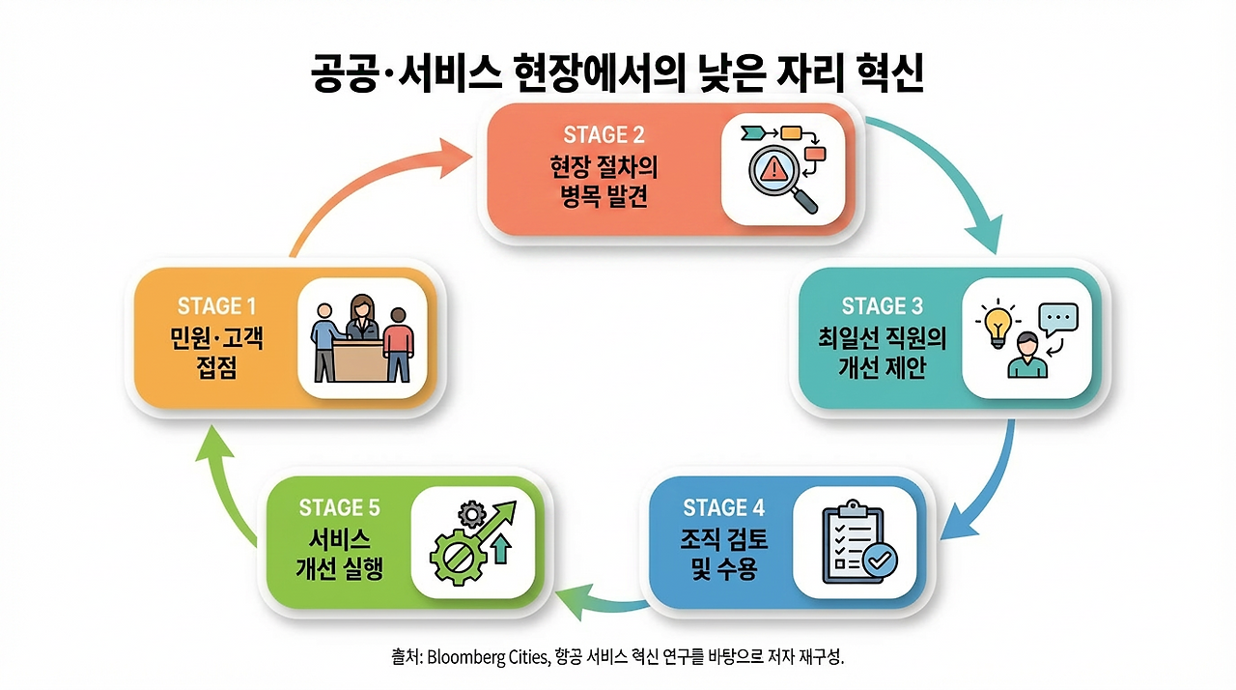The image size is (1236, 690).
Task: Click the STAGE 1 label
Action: tap(216, 306)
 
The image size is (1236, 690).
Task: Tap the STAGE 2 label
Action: tap(604, 134)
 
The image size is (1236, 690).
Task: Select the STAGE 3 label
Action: tap(882, 306)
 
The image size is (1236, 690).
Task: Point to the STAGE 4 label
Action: tap(723, 507)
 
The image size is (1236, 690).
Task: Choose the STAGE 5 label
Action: tap(339, 507)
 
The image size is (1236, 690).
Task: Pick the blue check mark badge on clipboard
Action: tap(880, 558)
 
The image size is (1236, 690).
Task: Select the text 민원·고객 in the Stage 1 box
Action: tap(216, 339)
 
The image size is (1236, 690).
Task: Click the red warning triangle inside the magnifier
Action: tap(774, 171)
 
